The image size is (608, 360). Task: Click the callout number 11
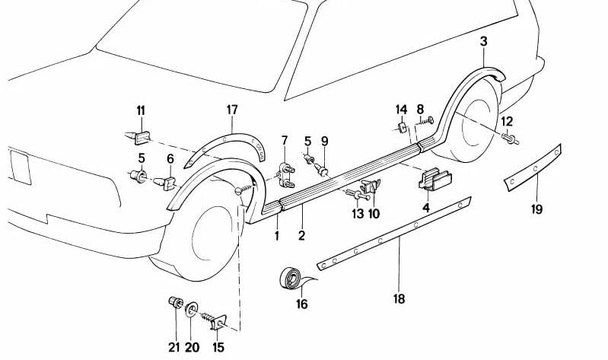pos(141,113)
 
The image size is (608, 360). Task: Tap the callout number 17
pos(232,110)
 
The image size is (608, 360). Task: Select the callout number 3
pos(483,40)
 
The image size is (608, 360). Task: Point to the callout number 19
pos(537,209)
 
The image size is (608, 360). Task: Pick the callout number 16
pos(301,306)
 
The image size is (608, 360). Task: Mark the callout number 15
pos(218,347)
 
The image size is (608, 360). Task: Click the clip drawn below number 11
pos(137,137)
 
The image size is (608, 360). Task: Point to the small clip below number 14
pos(399,126)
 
